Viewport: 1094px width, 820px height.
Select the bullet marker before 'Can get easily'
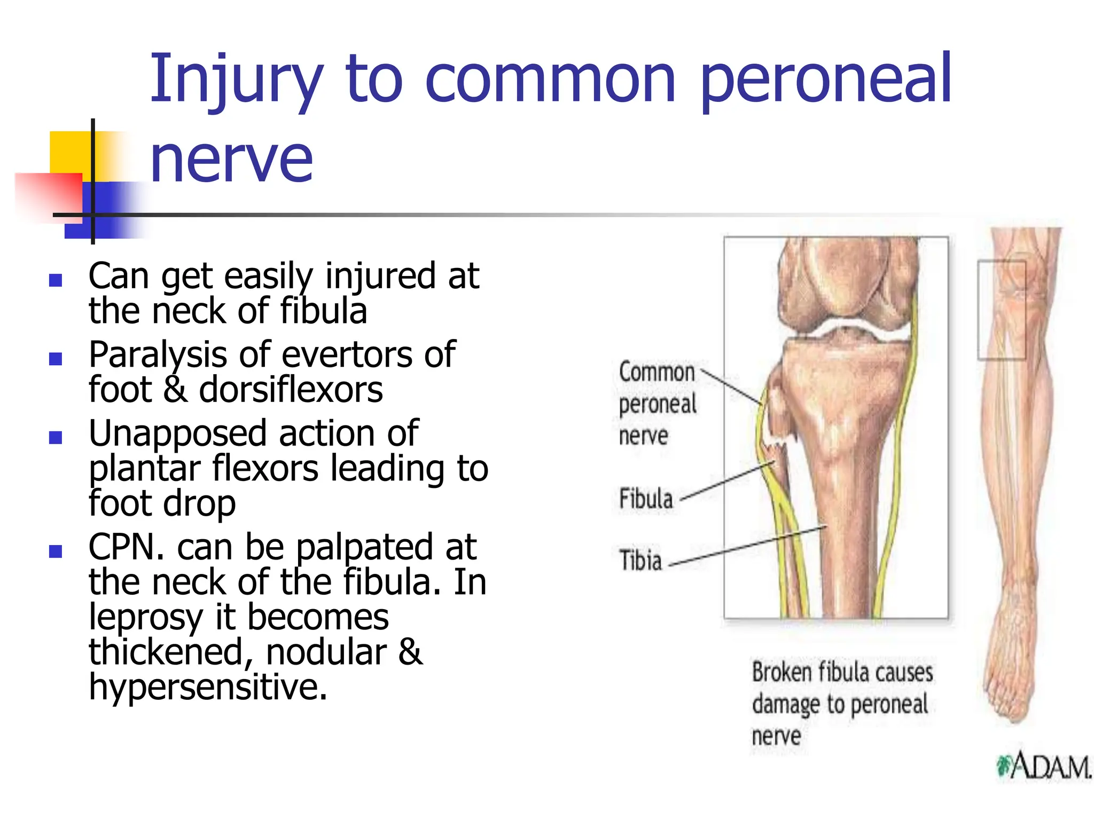[56, 280]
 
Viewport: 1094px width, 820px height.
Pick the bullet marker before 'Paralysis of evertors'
[56, 358]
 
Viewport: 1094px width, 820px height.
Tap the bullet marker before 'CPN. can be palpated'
[56, 551]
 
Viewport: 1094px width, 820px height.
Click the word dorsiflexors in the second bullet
[291, 390]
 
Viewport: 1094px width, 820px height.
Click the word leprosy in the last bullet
[146, 617]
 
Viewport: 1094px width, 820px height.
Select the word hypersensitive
[207, 687]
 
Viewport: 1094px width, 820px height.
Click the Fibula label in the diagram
[645, 499]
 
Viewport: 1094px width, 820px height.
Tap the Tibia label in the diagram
[640, 561]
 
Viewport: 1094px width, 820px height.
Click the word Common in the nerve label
[657, 372]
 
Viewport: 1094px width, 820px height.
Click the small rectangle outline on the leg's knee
[1002, 310]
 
